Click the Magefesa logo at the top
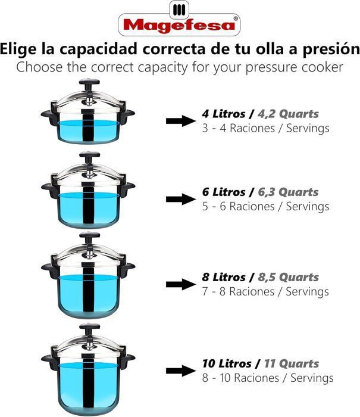point(179,19)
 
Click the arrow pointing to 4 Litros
point(181,121)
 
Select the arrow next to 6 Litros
point(181,199)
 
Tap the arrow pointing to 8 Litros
point(181,284)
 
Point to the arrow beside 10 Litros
point(181,371)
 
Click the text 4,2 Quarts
point(288,114)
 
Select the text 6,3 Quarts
point(288,192)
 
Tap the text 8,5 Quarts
point(288,278)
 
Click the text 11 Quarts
point(291,363)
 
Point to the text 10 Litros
point(227,363)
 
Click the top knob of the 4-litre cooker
point(89,82)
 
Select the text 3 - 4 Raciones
point(239,128)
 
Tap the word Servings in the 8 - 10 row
point(312,378)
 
